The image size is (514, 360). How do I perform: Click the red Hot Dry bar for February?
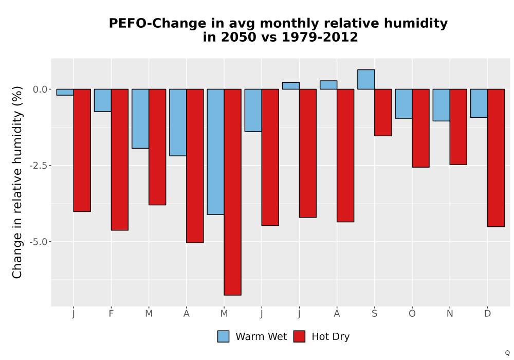pos(120,159)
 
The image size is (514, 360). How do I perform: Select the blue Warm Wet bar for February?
pos(103,100)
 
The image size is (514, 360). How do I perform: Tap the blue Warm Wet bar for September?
pos(366,79)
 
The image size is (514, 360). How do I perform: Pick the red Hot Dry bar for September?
pos(383,113)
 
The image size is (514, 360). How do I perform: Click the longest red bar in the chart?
pos(233,192)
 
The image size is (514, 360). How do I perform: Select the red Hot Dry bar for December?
pos(496,158)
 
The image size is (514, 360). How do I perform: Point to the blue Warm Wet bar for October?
pos(403,103)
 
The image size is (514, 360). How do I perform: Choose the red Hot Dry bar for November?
pos(458,127)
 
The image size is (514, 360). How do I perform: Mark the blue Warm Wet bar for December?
pos(479,103)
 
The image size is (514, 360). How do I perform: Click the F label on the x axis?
pos(111,314)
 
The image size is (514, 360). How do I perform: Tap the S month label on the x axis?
pos(374,314)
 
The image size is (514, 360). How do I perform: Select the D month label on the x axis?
pos(487,314)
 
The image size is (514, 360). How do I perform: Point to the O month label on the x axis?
pos(412,314)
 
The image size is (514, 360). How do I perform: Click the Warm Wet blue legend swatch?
pos(223,336)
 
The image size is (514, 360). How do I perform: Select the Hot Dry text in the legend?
pos(331,337)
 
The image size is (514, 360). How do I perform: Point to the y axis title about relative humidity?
pos(17,182)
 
